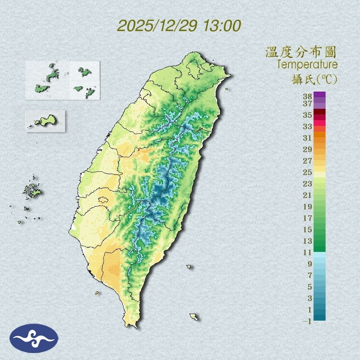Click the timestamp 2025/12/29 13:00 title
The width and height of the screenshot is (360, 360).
179,26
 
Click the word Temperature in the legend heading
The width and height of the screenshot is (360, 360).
307,65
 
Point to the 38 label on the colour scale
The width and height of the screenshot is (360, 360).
308,97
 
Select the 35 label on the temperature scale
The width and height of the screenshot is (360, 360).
308,115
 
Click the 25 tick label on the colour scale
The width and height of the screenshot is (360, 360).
308,172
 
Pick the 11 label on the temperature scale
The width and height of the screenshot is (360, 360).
308,252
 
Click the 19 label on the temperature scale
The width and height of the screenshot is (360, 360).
308,207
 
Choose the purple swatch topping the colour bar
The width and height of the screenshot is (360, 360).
320,94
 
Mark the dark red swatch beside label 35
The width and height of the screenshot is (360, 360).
320,112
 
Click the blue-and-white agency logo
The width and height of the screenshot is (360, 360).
34,338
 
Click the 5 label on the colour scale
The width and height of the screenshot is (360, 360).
310,287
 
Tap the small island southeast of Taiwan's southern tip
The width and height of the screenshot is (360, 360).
193,317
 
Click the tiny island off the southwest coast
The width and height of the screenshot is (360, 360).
97,293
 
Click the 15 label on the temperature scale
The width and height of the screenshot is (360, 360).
308,229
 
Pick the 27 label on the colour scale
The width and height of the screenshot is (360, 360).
308,161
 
